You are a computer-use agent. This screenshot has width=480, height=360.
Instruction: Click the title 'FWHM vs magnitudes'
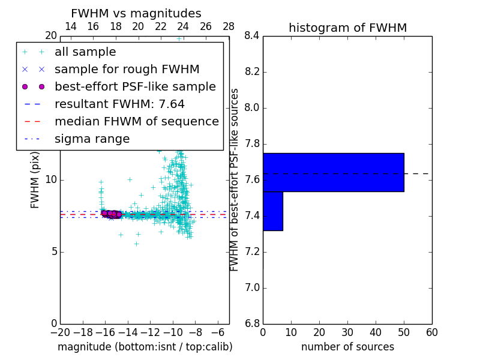(x=136, y=14)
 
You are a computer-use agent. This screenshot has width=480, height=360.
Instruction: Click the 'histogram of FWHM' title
(x=347, y=28)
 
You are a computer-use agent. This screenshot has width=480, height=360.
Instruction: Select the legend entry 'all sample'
(x=85, y=52)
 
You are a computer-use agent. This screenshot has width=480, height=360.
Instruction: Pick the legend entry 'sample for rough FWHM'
(x=127, y=70)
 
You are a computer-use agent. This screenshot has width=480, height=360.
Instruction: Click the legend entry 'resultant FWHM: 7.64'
(x=119, y=104)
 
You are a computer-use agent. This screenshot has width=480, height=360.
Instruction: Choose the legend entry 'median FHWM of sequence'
(x=136, y=122)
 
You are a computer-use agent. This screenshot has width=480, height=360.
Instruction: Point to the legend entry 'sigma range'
(x=92, y=139)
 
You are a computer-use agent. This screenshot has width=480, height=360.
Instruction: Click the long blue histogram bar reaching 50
(x=333, y=172)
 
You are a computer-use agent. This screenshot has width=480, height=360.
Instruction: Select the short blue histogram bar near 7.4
(x=272, y=211)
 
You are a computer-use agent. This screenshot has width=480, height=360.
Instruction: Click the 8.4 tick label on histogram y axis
(x=252, y=36)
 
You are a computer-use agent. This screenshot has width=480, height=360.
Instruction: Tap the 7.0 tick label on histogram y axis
(x=252, y=288)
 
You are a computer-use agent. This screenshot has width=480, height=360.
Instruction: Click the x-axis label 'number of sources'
(x=347, y=347)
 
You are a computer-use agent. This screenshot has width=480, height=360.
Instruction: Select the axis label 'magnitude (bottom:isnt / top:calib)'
(x=145, y=347)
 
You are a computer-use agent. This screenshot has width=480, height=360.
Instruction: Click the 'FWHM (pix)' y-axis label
(x=35, y=180)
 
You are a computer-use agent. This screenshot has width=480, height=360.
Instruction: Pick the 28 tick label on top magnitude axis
(x=229, y=26)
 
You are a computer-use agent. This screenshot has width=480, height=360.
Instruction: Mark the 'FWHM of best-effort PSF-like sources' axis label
(x=235, y=180)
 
